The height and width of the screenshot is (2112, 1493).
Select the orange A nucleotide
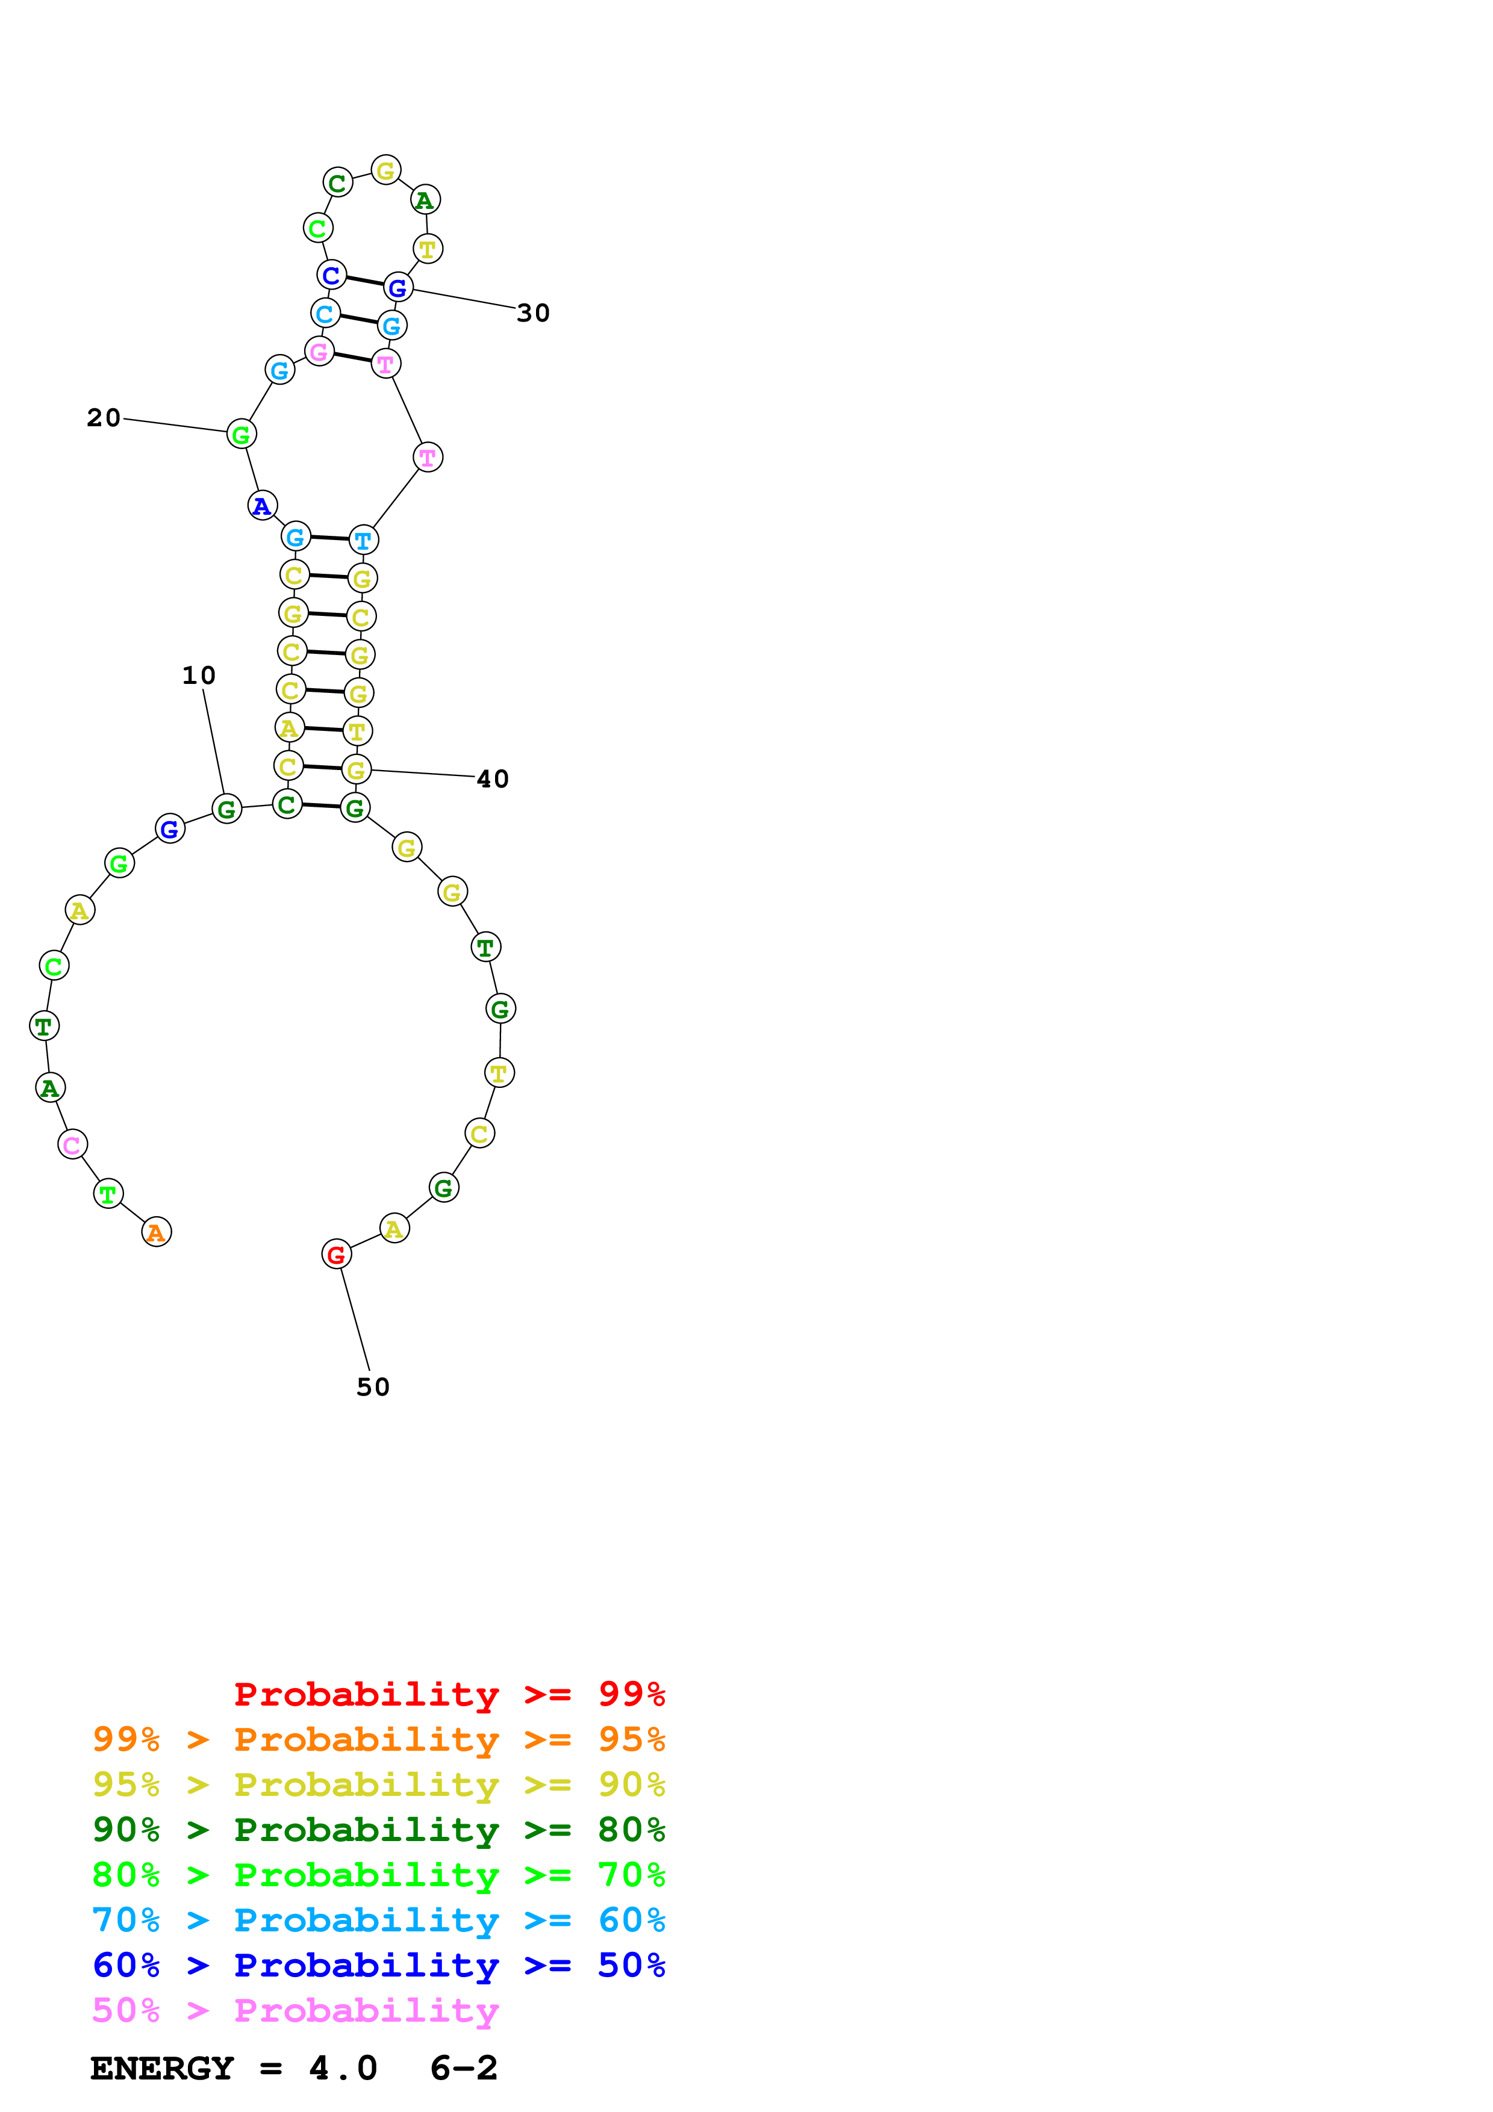[157, 1232]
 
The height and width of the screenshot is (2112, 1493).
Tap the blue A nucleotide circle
[262, 505]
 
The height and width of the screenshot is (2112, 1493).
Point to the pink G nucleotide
[319, 352]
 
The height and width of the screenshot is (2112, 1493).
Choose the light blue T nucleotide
[363, 541]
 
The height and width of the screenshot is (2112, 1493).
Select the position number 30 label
[534, 314]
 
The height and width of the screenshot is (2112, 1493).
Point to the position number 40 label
[493, 779]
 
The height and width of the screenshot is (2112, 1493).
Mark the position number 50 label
[373, 1387]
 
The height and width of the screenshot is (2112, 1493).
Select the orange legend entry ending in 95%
[378, 1739]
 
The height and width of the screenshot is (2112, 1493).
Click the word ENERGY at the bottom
[162, 2068]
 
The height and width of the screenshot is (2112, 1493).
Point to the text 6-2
[464, 2068]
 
